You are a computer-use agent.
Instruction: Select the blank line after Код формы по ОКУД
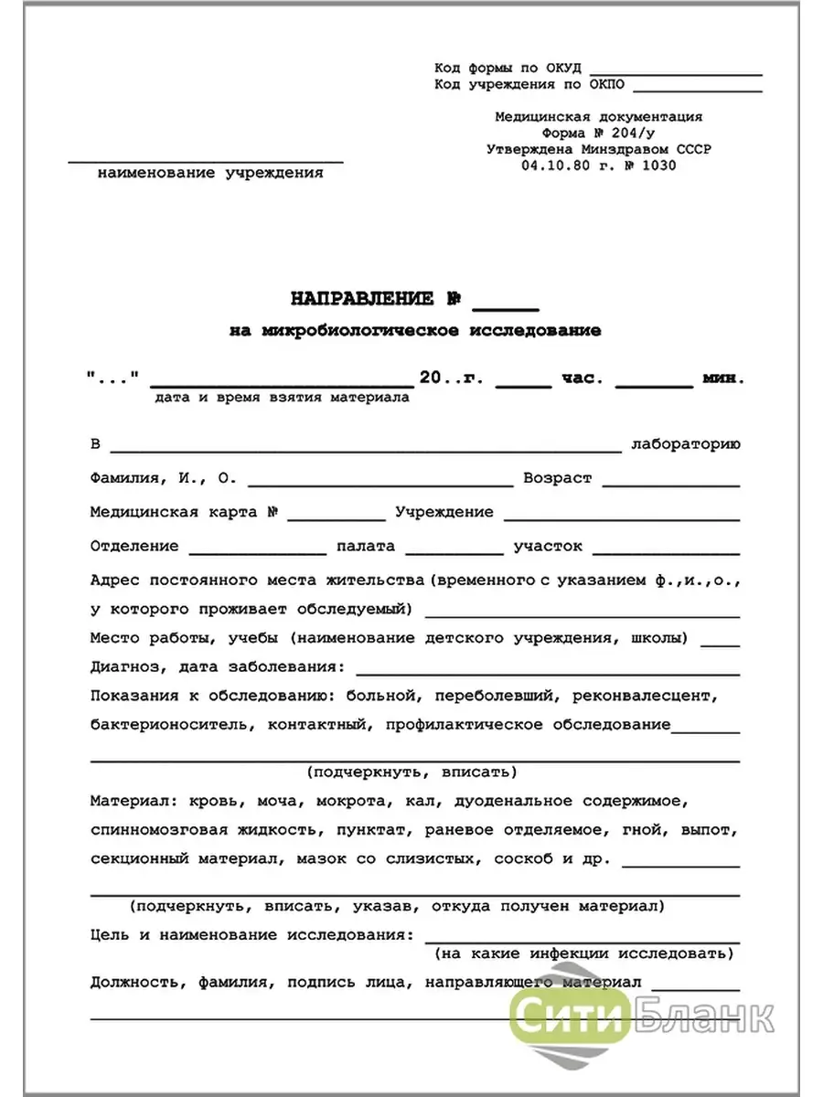point(676,71)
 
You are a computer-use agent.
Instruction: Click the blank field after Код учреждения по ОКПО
point(698,89)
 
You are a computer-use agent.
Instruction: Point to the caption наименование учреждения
point(210,173)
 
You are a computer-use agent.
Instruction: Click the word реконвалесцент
point(656,696)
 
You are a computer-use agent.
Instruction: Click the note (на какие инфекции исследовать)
point(583,953)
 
